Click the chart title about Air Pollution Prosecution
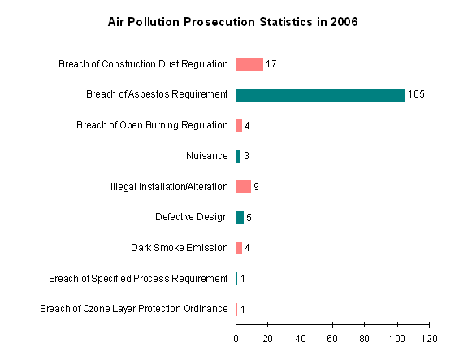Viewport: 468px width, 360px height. [x=233, y=22]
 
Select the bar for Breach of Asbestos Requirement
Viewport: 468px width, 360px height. [x=320, y=95]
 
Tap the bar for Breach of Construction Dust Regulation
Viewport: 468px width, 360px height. [x=249, y=64]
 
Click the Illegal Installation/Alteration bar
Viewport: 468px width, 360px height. [x=243, y=187]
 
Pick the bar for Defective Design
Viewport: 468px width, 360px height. [x=240, y=217]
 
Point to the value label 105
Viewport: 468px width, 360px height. [x=416, y=95]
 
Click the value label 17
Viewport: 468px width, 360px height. [x=272, y=64]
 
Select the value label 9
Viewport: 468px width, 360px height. [x=256, y=187]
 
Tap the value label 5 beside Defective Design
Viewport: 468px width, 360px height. [x=249, y=217]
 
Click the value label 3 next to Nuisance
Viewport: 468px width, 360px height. [x=246, y=156]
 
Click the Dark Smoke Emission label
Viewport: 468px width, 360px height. [x=179, y=248]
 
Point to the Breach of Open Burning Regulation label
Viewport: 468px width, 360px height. [x=152, y=125]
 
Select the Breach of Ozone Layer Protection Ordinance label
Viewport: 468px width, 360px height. [x=133, y=309]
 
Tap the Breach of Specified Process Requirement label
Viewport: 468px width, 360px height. [x=138, y=279]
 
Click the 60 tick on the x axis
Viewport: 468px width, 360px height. [x=332, y=337]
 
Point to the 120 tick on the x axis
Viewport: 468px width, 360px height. [x=429, y=337]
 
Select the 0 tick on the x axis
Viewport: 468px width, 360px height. [x=236, y=337]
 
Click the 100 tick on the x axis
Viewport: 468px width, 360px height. [x=396, y=337]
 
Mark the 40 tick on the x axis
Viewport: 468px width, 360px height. [x=301, y=337]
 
